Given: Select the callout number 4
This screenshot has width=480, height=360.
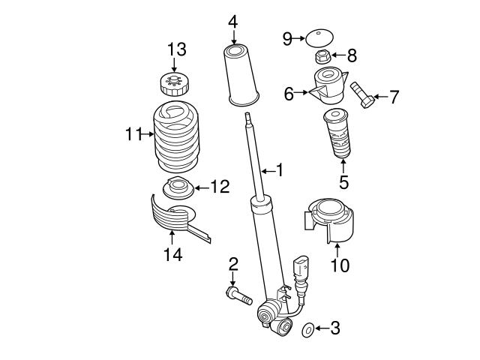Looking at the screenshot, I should pos(233,21).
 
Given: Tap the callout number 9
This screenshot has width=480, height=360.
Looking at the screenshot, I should pos(287,38).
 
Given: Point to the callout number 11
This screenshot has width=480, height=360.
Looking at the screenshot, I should pos(133,134).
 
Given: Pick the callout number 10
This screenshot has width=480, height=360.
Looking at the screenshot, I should pos(340,265).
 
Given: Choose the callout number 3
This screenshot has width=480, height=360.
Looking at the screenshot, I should pos(334,328).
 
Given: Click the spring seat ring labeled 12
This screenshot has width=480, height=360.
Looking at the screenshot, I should pos(177,187).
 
